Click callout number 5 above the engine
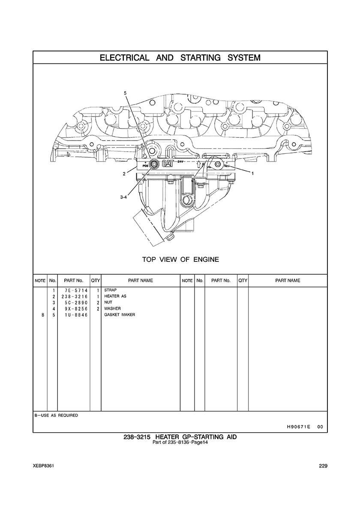click(x=126, y=93)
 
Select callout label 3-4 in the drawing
click(x=123, y=197)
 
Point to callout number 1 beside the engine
click(x=252, y=174)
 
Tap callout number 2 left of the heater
click(x=124, y=174)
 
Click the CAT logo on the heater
click(x=168, y=164)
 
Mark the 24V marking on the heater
click(x=182, y=162)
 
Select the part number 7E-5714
click(x=74, y=290)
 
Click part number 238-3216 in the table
click(x=74, y=296)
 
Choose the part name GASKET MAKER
click(x=120, y=314)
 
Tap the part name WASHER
click(x=112, y=308)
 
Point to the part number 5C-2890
click(x=74, y=302)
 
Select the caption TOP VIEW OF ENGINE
click(x=180, y=259)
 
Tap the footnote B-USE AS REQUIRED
click(x=56, y=415)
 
